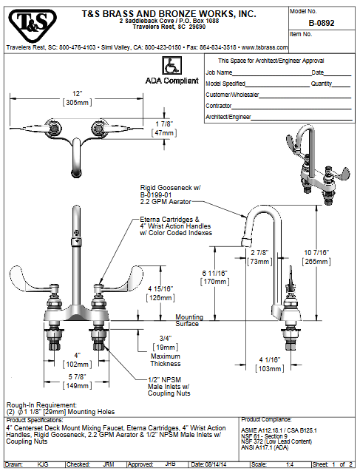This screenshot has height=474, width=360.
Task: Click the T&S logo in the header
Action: [x=33, y=25]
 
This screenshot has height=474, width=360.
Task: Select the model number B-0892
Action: [x=322, y=23]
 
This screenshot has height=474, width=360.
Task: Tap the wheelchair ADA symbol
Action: [x=171, y=66]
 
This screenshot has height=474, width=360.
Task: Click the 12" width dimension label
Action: [x=78, y=94]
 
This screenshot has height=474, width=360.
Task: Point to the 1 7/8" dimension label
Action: [x=164, y=124]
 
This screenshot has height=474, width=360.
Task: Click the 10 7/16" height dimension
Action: [x=316, y=253]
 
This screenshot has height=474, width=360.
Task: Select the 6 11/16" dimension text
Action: [x=214, y=274]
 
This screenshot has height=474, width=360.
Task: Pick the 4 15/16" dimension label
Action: [x=160, y=289]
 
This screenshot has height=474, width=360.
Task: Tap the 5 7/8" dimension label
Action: [x=77, y=377]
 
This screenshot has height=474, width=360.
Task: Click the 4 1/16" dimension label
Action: [x=270, y=360]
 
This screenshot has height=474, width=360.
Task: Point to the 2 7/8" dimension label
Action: [x=259, y=253]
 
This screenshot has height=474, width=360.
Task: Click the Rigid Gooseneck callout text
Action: [x=171, y=194]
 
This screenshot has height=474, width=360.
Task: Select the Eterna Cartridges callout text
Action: [x=176, y=226]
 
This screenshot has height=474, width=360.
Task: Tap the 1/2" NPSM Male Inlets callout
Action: [x=169, y=387]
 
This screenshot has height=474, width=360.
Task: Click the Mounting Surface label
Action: [x=189, y=320]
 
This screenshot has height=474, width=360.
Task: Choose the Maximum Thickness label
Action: [x=166, y=360]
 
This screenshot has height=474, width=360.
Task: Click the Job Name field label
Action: [x=219, y=72]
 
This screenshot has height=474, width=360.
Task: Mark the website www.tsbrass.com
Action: [x=265, y=47]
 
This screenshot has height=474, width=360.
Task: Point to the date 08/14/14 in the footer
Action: [x=214, y=464]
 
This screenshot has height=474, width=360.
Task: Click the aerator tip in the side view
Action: [x=247, y=242]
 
